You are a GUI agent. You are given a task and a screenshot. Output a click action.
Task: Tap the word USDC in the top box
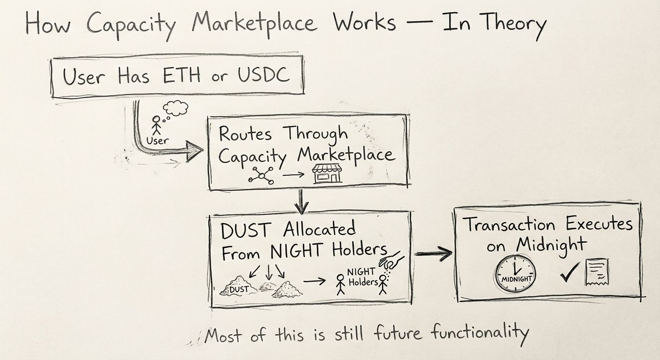(x=263, y=75)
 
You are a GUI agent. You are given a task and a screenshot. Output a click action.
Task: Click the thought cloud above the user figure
(x=175, y=108)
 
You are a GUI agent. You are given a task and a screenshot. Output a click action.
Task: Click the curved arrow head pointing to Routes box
(x=193, y=151)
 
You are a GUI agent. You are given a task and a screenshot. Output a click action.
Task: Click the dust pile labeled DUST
(x=237, y=287)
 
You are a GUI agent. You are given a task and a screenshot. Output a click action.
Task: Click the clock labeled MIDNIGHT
(x=516, y=273)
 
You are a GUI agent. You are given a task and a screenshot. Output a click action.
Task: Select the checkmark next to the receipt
(x=570, y=272)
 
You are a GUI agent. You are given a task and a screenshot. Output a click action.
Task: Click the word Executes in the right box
(x=599, y=224)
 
